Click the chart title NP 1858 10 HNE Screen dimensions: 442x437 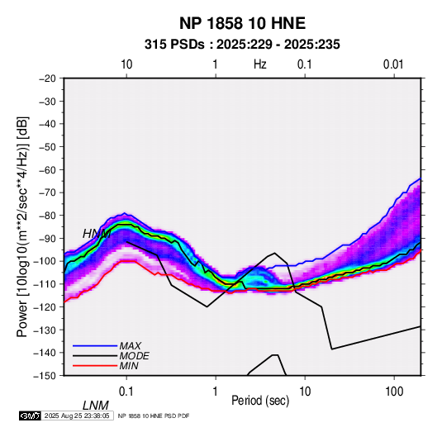pos(242,23)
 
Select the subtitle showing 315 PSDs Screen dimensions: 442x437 pos(242,45)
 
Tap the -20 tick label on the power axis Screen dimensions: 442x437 pos(47,78)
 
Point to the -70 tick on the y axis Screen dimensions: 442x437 pos(47,192)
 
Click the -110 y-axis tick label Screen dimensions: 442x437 pos(45,284)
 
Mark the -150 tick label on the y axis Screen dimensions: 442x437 pos(45,376)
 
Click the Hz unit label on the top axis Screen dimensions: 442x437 pos(260,64)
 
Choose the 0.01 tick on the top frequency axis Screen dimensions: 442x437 pos(393,64)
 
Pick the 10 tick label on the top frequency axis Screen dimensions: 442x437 pos(126,64)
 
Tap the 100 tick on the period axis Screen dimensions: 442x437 pos(394,392)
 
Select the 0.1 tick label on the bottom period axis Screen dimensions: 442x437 pos(126,392)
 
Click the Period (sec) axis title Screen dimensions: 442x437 pos(260,401)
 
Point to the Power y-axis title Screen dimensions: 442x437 pos(22,226)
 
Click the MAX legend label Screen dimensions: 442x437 pos(131,346)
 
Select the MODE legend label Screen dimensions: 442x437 pos(134,356)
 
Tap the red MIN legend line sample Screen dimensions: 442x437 pos(95,366)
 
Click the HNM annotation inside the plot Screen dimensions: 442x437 pos(97,234)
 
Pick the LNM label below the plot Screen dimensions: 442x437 pos(96,406)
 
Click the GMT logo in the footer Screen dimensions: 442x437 pos(30,416)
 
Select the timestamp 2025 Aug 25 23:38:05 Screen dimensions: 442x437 pos(77,416)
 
